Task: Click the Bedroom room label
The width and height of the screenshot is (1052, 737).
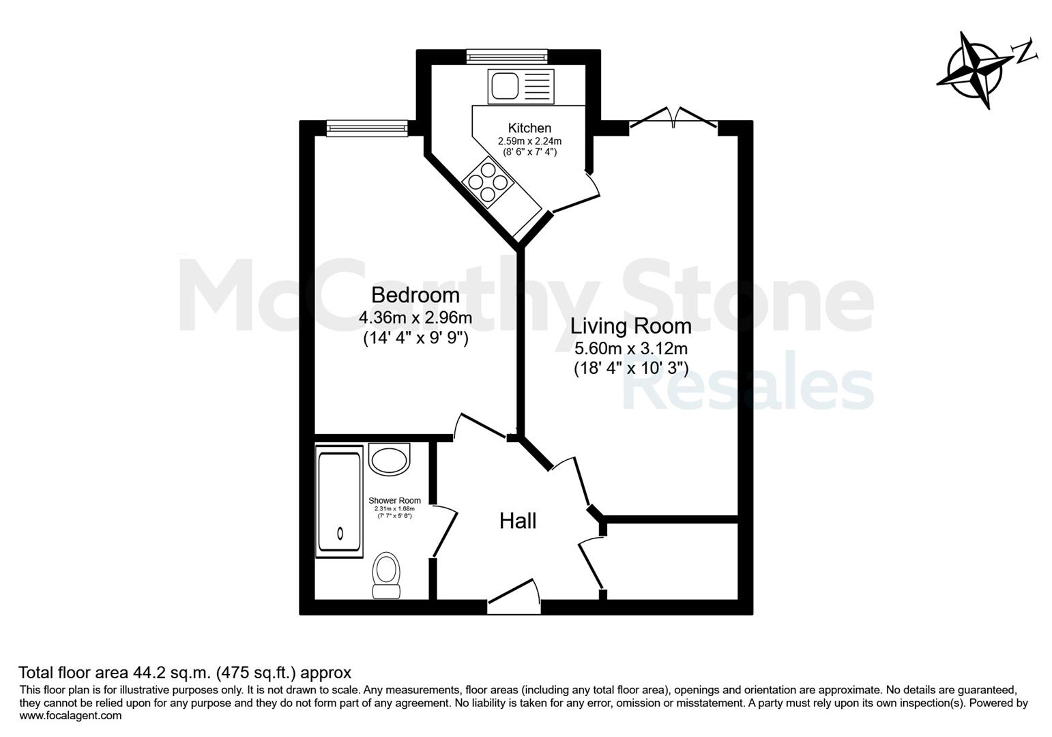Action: tap(415, 295)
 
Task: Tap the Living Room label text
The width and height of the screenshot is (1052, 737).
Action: tap(631, 326)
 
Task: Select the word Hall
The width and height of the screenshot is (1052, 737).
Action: tap(518, 521)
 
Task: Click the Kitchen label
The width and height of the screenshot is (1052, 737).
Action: tap(529, 128)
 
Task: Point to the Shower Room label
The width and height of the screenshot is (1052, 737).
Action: tap(394, 501)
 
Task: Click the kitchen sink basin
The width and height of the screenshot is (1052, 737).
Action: tap(504, 86)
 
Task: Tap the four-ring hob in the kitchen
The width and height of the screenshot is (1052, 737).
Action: tap(488, 182)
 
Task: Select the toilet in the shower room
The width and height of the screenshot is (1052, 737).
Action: tap(386, 575)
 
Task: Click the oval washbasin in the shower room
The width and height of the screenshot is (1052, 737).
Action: tap(389, 460)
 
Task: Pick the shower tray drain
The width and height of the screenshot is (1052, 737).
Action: tap(340, 533)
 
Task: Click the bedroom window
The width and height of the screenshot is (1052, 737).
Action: tap(367, 128)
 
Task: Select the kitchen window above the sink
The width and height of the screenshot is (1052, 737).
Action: tap(507, 57)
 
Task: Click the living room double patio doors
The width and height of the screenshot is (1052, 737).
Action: tap(673, 118)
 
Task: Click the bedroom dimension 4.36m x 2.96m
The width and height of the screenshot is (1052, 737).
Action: tap(415, 318)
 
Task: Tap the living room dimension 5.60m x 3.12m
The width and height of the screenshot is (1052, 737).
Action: tap(631, 349)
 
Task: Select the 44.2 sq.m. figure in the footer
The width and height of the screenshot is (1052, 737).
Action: tap(171, 673)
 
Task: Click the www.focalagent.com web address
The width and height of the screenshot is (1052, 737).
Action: tap(70, 716)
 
